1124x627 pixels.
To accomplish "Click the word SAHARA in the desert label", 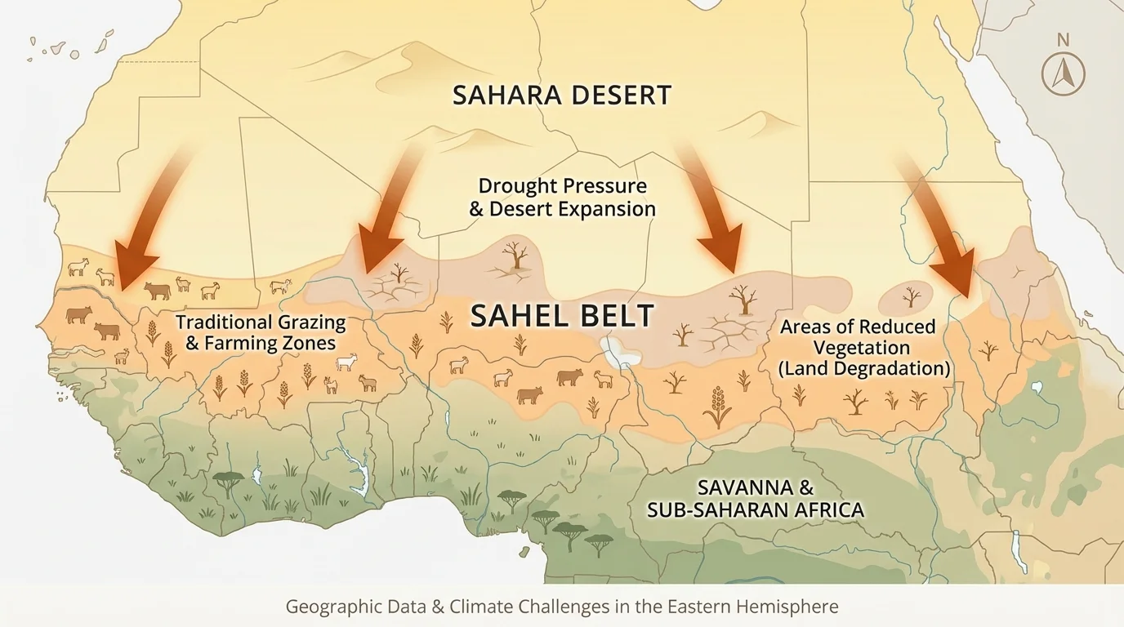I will point(503,95).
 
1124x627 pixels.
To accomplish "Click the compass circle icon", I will point(1063,75).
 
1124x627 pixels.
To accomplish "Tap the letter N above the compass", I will point(1063,39).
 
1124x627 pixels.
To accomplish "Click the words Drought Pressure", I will point(562,185).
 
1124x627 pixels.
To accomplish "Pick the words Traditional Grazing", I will point(261,322).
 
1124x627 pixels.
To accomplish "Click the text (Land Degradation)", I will point(864,368).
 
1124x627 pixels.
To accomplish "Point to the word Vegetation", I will point(857,348).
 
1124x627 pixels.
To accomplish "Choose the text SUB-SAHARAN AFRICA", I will point(755,510).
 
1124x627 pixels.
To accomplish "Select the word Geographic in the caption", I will point(327,607).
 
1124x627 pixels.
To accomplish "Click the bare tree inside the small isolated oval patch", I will point(912,296).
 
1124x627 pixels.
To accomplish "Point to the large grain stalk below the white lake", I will point(717,407).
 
